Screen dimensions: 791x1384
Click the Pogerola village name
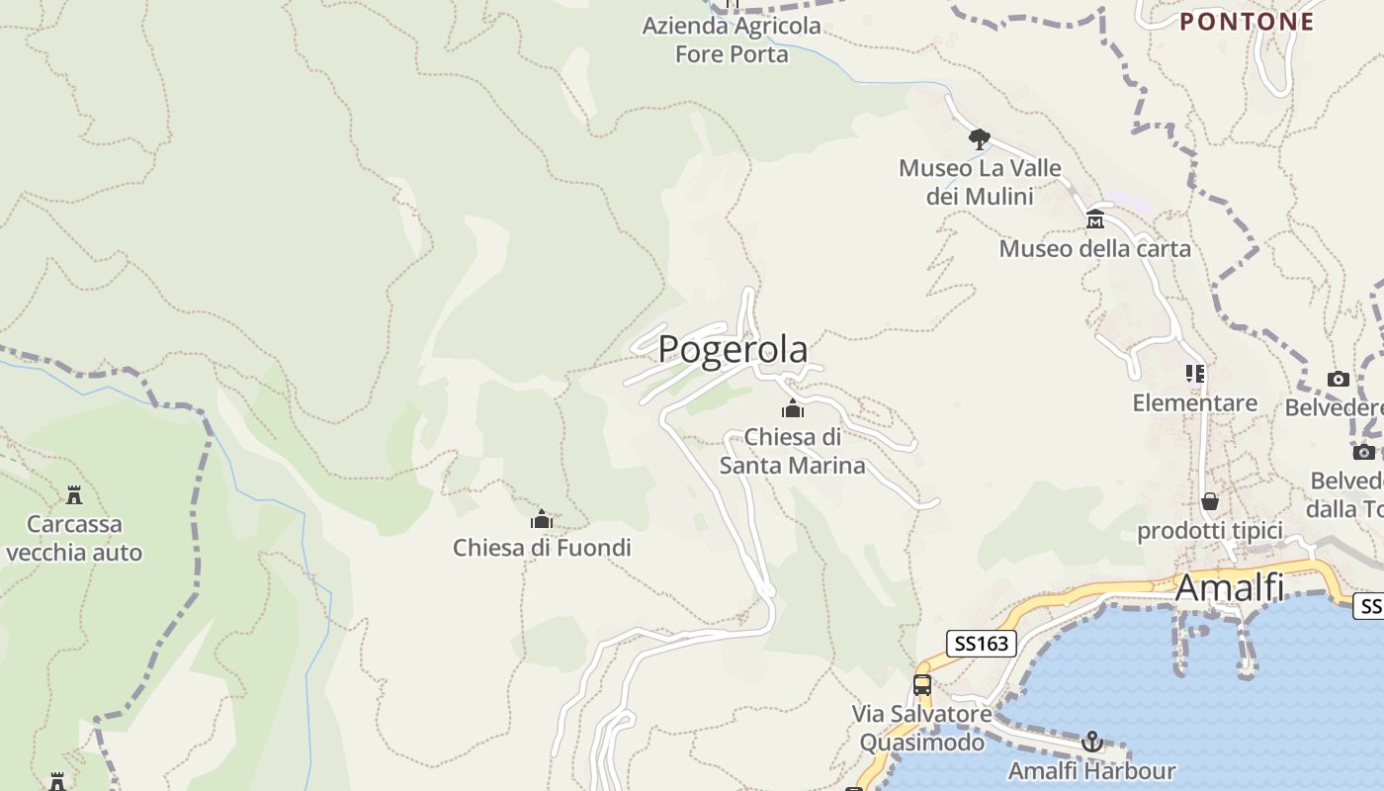(733, 349)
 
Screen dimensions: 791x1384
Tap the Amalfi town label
(1230, 587)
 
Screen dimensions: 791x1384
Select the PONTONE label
(1248, 22)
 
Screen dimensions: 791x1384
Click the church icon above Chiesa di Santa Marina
(793, 408)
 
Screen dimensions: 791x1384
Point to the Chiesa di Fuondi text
(542, 547)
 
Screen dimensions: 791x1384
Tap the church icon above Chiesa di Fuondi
(542, 519)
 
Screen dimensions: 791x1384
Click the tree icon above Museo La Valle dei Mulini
(979, 138)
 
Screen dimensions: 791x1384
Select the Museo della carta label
(1094, 248)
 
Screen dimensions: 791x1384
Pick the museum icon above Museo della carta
(1095, 219)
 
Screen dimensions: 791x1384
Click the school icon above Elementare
(1195, 374)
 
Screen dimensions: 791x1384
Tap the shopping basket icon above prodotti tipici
(1209, 501)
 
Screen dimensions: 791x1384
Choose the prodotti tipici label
(1209, 531)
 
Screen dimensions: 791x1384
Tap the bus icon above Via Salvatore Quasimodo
(922, 684)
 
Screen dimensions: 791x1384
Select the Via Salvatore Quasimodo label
(921, 728)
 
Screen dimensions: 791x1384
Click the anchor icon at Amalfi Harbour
(1092, 741)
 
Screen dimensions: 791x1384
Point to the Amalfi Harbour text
(1091, 770)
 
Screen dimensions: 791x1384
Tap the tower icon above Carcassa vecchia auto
(74, 494)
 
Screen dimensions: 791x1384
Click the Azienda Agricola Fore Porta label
(732, 40)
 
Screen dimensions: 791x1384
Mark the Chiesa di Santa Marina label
(793, 451)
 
